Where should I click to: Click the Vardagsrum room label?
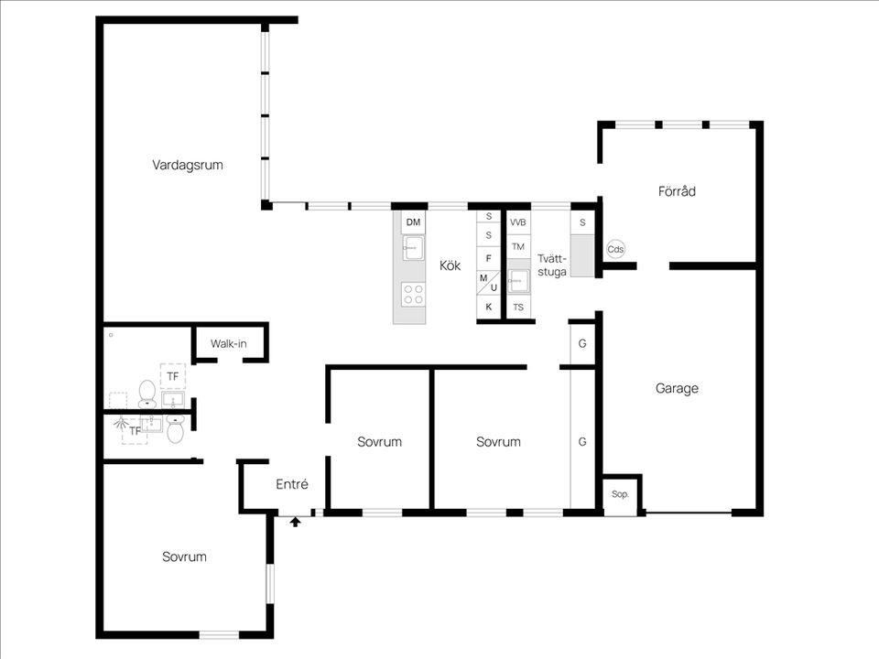[187, 166]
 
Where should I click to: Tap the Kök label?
[450, 265]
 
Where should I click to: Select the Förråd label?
[677, 191]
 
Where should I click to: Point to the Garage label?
[677, 388]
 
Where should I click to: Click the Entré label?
[291, 483]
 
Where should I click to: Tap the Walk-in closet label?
[228, 343]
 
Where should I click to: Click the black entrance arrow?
[296, 523]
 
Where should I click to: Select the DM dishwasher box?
[413, 222]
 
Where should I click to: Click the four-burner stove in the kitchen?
[413, 294]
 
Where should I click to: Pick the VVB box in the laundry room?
[518, 222]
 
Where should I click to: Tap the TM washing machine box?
[518, 246]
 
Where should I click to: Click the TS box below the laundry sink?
[518, 308]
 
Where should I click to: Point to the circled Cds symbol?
[615, 249]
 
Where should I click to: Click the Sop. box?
[620, 494]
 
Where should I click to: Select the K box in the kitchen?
[488, 308]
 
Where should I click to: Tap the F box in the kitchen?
[488, 258]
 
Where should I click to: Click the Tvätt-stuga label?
[552, 265]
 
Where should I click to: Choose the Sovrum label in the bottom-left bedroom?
[184, 556]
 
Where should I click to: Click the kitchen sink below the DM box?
[413, 248]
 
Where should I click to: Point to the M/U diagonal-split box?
[488, 283]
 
